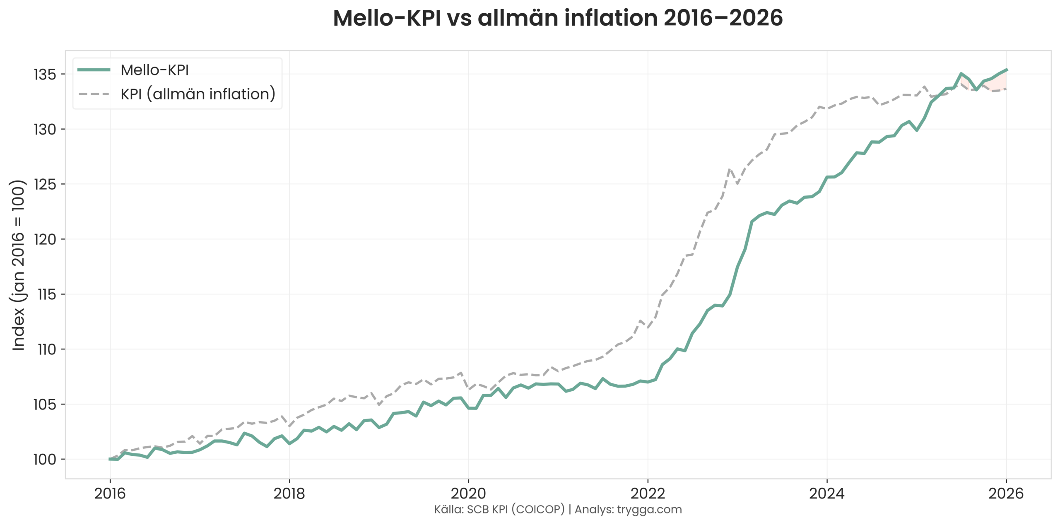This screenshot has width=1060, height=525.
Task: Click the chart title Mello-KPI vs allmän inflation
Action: (557, 19)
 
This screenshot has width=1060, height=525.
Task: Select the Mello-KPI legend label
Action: (154, 70)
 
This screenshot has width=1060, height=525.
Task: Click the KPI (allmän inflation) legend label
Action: (198, 94)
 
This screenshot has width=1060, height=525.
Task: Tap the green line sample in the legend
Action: (94, 70)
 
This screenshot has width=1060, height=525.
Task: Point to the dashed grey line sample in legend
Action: (94, 94)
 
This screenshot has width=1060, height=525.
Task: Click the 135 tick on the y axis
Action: (45, 75)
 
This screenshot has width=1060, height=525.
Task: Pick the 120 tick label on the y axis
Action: (45, 239)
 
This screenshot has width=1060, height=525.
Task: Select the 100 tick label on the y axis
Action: (45, 460)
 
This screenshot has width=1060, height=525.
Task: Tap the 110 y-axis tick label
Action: (46, 349)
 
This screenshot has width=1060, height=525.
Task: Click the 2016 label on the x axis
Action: (110, 494)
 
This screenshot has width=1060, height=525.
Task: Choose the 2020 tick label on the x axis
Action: (468, 494)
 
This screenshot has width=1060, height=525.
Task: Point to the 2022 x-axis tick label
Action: (648, 494)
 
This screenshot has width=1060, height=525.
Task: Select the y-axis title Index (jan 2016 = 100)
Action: (18, 265)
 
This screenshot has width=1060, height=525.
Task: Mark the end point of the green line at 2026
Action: (1007, 70)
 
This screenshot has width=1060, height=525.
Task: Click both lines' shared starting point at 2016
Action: (110, 459)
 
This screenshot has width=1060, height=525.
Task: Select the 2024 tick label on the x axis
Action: (827, 494)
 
